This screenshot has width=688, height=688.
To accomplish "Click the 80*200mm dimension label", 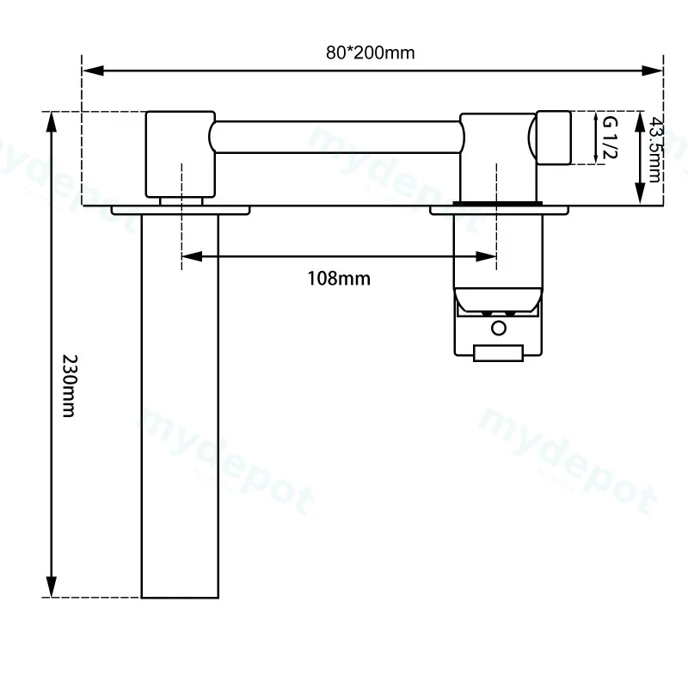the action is point(370,52).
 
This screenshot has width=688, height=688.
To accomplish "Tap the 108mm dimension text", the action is point(339,279).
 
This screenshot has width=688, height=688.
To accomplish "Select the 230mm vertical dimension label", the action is point(70,385).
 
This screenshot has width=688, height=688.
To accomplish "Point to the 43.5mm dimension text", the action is point(654,149).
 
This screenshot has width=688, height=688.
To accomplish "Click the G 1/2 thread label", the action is point(610,138).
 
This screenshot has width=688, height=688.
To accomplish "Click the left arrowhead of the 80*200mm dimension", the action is point(93,71).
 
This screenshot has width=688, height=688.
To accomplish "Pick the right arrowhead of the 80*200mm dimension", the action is point(652,71).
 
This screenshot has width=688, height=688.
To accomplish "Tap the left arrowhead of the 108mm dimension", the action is point(192,256).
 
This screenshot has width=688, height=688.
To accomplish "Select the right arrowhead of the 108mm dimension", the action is point(486,256).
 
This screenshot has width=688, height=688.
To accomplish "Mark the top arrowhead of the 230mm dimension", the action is point(52,121).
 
